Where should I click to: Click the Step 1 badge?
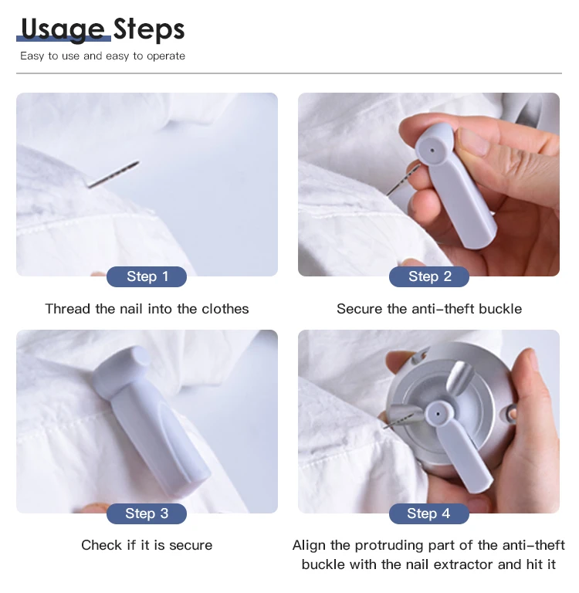[x=147, y=276]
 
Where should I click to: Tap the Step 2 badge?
[x=429, y=276]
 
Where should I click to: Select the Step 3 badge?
[x=147, y=513]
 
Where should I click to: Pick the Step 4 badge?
[x=429, y=513]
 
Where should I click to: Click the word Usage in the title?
[x=62, y=29]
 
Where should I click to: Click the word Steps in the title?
[x=149, y=29]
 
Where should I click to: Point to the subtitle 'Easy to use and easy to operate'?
[x=103, y=56]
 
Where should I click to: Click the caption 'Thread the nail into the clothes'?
[x=147, y=309]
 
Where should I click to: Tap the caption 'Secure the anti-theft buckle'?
[x=429, y=309]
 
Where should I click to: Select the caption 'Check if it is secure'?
[x=147, y=545]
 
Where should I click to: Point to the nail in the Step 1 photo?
[x=113, y=175]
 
